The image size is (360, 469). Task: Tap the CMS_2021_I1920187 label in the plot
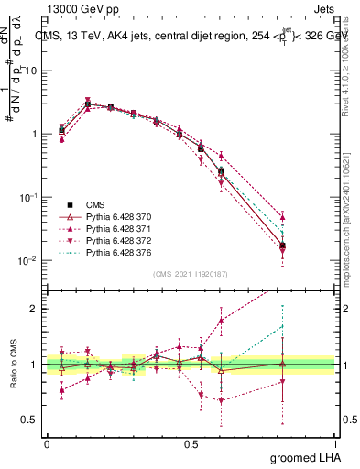pos(191,273)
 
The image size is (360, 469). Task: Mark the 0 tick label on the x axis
pos(47,443)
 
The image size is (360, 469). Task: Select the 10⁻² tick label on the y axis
pos(27,261)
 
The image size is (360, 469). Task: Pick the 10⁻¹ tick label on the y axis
pos(27,197)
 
